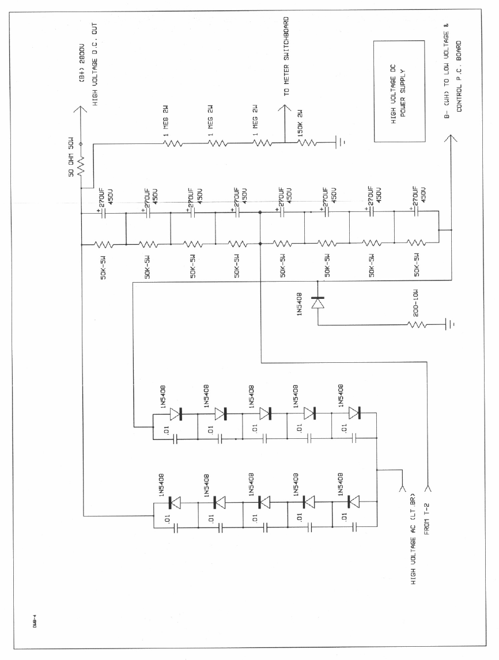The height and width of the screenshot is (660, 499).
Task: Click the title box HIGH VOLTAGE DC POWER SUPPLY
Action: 400,92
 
